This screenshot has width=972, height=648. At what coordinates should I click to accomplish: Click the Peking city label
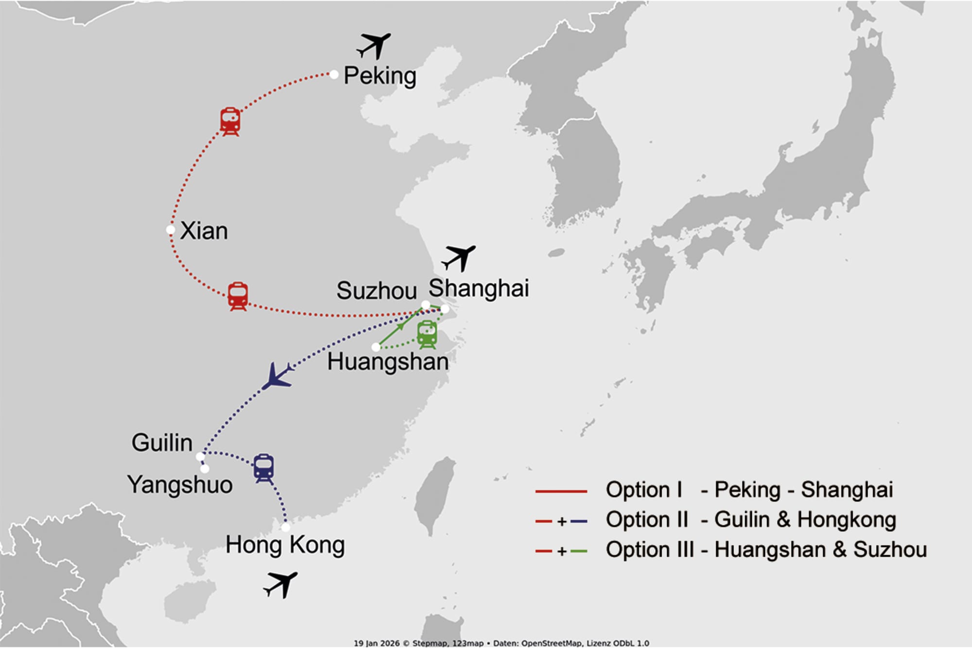point(380,76)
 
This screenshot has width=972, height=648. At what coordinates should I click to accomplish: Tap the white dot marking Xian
point(171,230)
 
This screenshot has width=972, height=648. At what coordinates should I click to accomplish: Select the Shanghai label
point(479,288)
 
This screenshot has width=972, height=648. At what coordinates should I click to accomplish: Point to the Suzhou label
point(377,291)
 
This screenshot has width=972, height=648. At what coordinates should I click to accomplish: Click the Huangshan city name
point(388,362)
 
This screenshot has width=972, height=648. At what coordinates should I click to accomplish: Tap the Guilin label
point(162,443)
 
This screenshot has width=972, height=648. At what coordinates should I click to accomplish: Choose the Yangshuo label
point(180,485)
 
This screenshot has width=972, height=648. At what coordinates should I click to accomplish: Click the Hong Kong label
point(285,545)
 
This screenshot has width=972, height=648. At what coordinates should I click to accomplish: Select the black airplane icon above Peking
point(374,46)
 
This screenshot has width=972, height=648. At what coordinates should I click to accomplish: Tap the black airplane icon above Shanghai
point(459,258)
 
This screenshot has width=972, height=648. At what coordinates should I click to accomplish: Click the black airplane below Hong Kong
point(280,585)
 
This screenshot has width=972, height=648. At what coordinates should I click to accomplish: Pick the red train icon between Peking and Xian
point(230,122)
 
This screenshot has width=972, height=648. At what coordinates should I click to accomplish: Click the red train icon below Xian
point(238,296)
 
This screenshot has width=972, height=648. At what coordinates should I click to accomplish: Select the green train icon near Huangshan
point(427,334)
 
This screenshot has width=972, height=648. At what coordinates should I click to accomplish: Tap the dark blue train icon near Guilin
point(264,468)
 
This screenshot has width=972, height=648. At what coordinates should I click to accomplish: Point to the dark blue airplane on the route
point(278,376)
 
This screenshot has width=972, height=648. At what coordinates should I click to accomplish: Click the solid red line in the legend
point(561,491)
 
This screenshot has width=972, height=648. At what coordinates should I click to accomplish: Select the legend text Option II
point(647,520)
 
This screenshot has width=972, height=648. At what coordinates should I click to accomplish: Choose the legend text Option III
point(650,550)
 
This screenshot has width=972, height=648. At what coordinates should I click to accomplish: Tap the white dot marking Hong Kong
point(286,527)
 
